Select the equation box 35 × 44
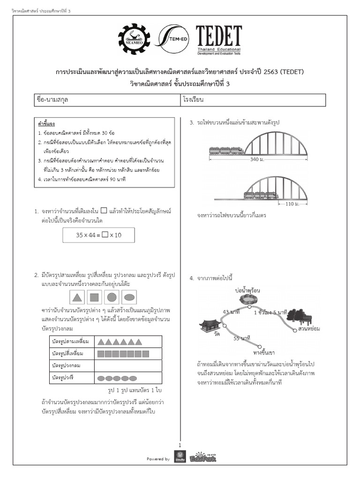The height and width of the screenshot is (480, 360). point(98,235)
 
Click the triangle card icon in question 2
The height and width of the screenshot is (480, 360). point(78,297)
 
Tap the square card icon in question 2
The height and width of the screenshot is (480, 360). point(95,297)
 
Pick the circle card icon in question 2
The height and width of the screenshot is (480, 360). point(112,297)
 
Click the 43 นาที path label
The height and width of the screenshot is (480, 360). point(232,312)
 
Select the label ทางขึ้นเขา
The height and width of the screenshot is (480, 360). point(263,352)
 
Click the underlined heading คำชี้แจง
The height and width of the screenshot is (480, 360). point(46,124)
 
